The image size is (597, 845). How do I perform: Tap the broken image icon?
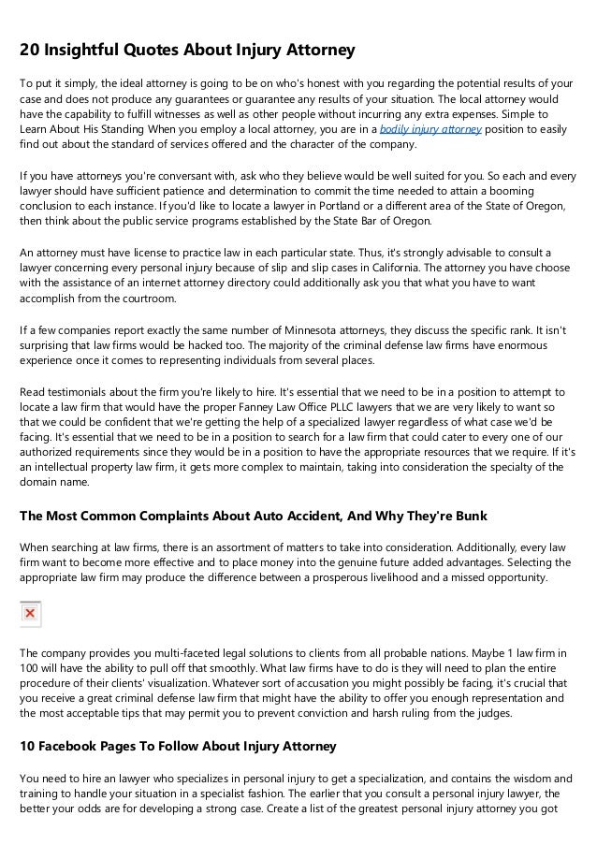coord(30,614)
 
